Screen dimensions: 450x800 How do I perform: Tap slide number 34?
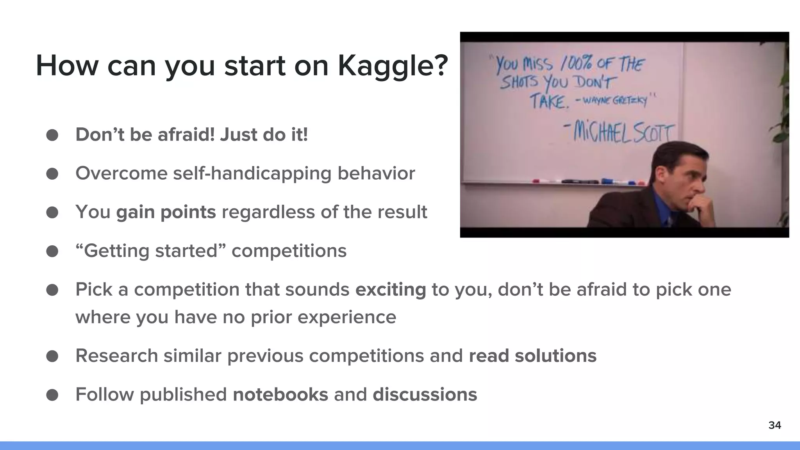tap(774, 425)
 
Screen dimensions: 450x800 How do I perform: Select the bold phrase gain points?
tap(166, 212)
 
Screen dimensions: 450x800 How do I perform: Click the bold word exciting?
tap(390, 289)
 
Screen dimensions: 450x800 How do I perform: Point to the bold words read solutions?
tap(532, 355)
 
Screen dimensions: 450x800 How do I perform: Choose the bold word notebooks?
tap(280, 394)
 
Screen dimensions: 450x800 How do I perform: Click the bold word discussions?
tap(425, 394)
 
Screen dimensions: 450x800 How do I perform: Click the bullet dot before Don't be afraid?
tap(52, 135)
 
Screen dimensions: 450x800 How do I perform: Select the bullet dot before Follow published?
tap(52, 395)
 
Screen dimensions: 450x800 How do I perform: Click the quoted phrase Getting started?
tap(150, 251)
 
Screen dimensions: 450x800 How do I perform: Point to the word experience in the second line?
tap(346, 316)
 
